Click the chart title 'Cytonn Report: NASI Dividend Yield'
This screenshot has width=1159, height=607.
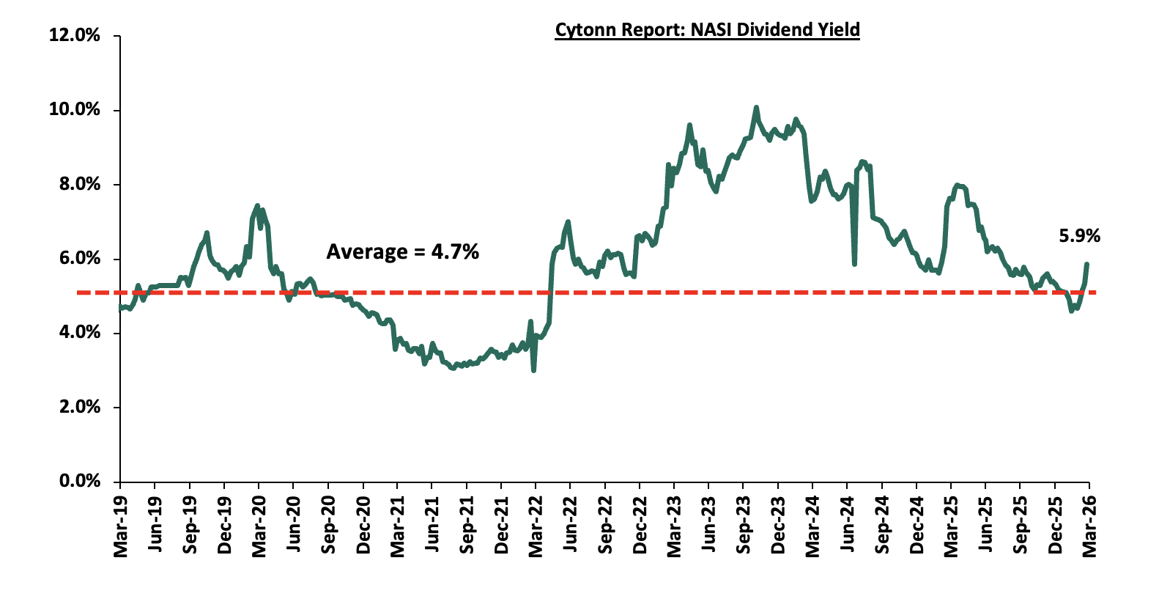[707, 30]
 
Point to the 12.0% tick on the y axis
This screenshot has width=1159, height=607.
[74, 35]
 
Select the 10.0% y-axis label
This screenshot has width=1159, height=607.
[74, 109]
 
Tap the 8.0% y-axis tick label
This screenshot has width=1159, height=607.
[78, 184]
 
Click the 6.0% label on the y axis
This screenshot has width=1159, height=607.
[78, 258]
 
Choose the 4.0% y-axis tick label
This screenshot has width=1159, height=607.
[78, 332]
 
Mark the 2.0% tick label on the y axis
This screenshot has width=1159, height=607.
[78, 407]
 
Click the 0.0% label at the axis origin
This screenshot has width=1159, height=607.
[78, 481]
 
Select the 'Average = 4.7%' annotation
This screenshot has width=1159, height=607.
[402, 252]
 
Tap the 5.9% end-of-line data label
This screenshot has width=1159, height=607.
[1079, 236]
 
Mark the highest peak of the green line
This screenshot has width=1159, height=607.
[756, 108]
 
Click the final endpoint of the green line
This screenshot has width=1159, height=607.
[1087, 264]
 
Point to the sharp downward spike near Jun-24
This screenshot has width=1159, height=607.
[854, 263]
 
